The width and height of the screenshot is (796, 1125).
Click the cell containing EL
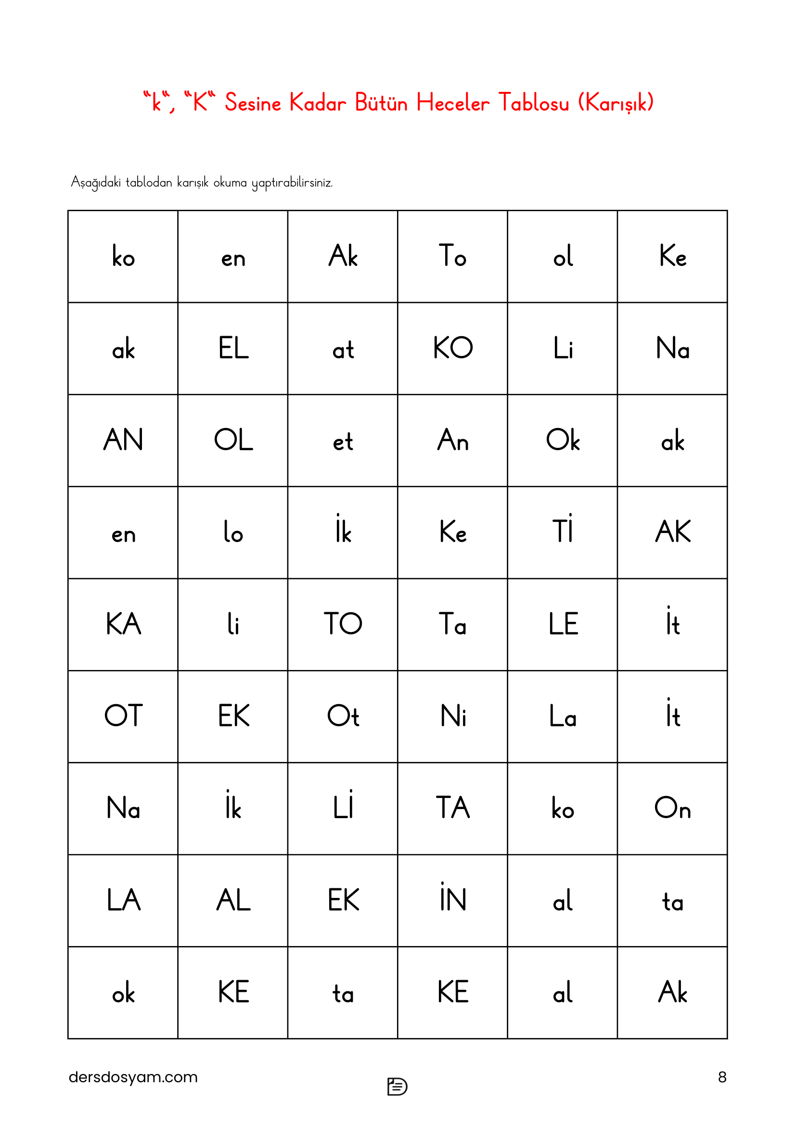[233, 348]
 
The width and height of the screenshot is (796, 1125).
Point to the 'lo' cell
[233, 532]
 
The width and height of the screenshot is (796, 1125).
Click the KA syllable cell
[123, 624]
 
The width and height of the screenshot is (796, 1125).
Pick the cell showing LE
[562, 624]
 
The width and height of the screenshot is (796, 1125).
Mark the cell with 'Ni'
[452, 716]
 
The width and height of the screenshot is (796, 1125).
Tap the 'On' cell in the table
[672, 808]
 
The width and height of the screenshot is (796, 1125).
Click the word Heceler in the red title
[452, 103]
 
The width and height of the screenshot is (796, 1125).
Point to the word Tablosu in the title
[534, 103]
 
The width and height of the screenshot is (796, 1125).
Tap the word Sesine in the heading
[253, 103]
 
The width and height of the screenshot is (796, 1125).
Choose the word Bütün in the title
[381, 103]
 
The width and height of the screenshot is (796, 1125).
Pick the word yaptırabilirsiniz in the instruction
[292, 183]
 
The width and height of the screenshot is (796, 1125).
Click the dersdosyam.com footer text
[133, 1077]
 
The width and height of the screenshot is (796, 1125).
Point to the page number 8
[721, 1077]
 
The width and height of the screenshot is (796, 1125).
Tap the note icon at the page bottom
[397, 1087]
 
